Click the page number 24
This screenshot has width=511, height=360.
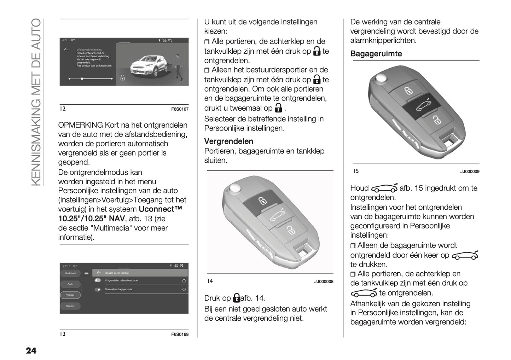[x=31, y=350]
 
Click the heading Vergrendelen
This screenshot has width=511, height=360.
[x=228, y=141]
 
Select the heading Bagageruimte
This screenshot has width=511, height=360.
[x=376, y=54]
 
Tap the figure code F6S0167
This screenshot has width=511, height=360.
[x=180, y=109]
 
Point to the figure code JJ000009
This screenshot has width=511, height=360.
[x=470, y=172]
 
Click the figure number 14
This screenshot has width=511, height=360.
[x=210, y=281]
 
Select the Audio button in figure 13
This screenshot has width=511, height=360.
[x=70, y=284]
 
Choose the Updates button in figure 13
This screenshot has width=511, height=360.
[x=70, y=306]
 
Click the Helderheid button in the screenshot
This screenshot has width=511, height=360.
[x=70, y=273]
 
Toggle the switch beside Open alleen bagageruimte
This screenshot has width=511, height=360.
[x=98, y=290]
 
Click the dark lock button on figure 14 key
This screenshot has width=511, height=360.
[x=262, y=201]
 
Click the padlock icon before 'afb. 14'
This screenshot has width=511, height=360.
[x=237, y=298]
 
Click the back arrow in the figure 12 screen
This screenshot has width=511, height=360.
[x=66, y=50]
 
